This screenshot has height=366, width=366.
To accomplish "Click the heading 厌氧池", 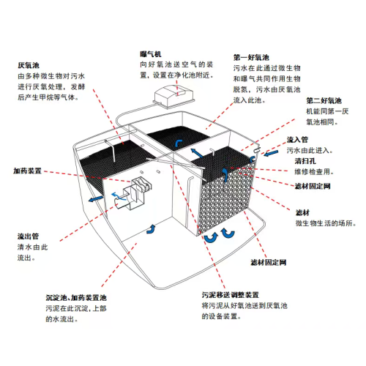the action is coord(29,65).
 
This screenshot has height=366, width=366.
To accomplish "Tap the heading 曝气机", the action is coord(151,54).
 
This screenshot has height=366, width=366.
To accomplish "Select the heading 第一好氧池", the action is coord(251,58).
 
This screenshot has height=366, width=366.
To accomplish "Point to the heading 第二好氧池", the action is coord(324,100).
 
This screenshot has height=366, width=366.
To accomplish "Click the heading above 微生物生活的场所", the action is coord(302,213).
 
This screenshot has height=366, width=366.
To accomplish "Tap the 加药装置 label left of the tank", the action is coord(27,171).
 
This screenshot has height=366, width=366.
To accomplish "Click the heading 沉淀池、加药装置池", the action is coord(76,298).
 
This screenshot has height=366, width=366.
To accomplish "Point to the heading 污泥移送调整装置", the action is coord(230,295).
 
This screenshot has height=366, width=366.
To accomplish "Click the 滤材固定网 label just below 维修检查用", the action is coord(313,187).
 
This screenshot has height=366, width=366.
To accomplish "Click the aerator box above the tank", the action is coord(174,97).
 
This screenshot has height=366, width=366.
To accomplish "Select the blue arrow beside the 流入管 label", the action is coord(271,154).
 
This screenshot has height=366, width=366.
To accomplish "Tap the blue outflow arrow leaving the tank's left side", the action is coord(96,199).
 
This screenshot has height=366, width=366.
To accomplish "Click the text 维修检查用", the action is coord(314,172).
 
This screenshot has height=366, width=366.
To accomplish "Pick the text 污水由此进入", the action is coord(310,150).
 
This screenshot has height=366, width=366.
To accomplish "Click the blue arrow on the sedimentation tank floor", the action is coord(151,229).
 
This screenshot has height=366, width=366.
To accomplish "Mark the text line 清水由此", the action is coord(32,247).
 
